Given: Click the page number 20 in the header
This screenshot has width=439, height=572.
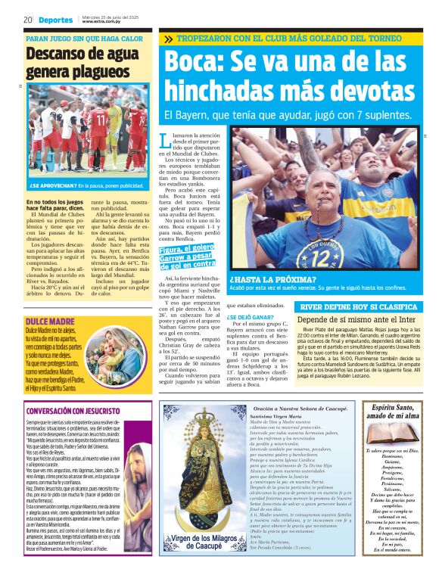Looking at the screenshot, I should (27, 19).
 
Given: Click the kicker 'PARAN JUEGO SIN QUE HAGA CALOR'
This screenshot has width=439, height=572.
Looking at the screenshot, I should (84, 38).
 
